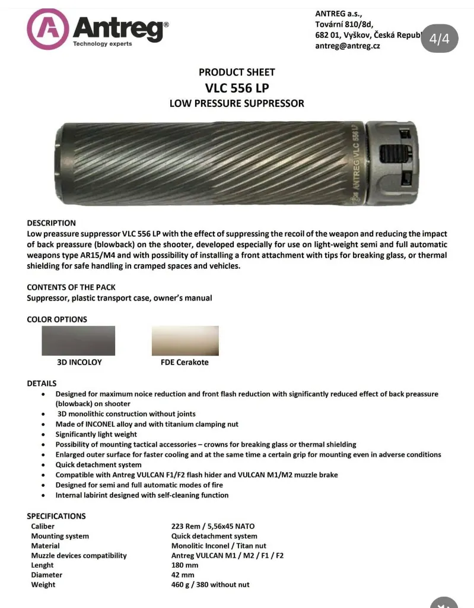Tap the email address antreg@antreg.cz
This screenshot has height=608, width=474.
347,46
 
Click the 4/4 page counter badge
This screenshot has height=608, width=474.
440,39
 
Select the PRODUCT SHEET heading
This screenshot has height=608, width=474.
237,72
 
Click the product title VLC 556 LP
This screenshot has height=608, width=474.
237,88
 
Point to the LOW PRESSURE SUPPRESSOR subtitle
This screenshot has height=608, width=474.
237,103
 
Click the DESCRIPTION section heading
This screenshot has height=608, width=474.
51,223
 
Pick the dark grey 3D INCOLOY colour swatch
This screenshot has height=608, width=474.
78,341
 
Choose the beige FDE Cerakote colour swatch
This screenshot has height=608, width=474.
185,341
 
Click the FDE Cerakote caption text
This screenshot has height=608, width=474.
184,362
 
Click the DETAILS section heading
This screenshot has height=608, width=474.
42,384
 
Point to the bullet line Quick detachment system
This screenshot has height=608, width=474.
98,465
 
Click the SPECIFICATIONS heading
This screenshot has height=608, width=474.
56,516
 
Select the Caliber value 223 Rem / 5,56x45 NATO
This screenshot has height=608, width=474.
213,526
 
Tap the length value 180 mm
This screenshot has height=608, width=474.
184,565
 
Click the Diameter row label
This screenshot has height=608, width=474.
47,575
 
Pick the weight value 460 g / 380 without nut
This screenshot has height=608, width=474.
210,585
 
